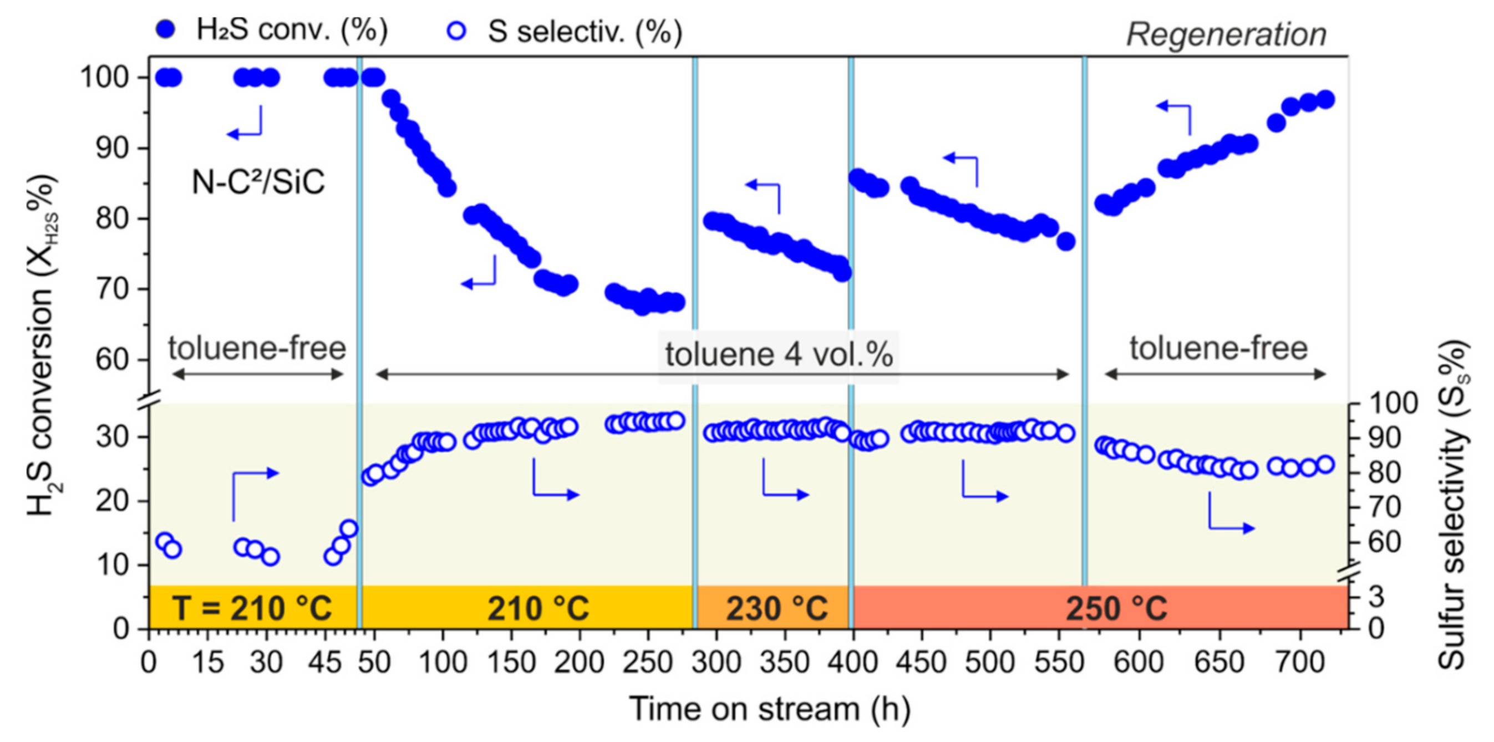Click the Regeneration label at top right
1226,35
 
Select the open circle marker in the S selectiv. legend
457,31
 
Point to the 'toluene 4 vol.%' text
778,355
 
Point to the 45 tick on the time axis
326,662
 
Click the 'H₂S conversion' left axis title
42,345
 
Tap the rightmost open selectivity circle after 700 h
1326,465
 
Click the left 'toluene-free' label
257,349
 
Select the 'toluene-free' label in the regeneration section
1218,349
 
